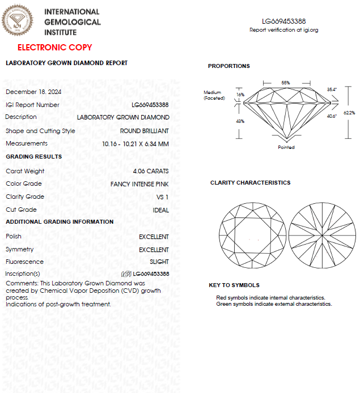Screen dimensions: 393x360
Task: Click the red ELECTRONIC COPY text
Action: [54, 48]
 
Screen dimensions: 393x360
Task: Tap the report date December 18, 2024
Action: [33, 92]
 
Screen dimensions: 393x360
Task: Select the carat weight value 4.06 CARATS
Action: [151, 171]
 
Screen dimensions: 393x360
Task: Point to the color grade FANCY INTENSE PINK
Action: [139, 184]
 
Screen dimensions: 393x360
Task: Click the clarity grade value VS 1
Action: [162, 197]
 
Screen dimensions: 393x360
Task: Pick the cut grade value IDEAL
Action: [161, 210]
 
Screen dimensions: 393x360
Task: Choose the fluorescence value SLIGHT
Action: [159, 262]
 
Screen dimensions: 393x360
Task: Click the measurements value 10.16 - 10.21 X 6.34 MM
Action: [135, 144]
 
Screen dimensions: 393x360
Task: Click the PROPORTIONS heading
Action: [228, 66]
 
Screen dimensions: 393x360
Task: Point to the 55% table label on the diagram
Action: [286, 83]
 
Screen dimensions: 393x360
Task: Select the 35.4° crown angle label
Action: [332, 89]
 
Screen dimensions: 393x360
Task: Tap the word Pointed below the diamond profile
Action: [286, 147]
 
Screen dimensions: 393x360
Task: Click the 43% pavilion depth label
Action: [240, 121]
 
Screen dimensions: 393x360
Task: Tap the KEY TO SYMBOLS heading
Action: [234, 285]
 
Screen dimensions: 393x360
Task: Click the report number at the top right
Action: [284, 21]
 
